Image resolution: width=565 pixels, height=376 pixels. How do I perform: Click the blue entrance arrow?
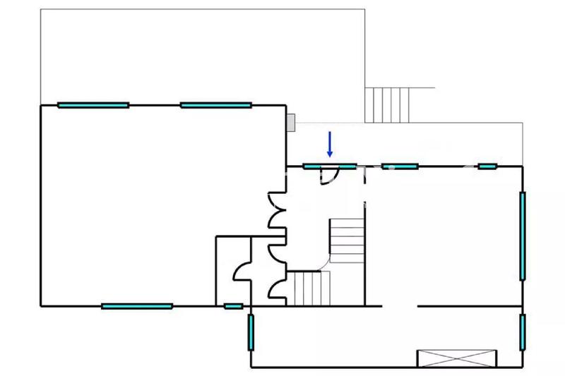[x=329, y=144]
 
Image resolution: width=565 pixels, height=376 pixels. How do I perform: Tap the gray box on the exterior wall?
[x=290, y=122]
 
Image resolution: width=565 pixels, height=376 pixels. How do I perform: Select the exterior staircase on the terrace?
[x=388, y=104]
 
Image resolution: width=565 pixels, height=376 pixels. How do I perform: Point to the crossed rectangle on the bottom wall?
[x=456, y=358]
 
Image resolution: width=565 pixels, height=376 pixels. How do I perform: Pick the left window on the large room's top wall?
[x=93, y=105]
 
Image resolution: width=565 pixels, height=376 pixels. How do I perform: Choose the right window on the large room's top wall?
[x=216, y=105]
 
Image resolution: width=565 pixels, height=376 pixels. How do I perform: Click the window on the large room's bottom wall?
[x=137, y=306]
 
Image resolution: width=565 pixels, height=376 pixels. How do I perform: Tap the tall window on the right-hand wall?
[x=523, y=236]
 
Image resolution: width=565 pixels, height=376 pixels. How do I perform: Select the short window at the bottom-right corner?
[x=523, y=333]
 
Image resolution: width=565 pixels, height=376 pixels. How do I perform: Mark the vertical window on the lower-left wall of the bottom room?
[x=251, y=333]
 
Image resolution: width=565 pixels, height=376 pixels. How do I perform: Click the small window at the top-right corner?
[x=487, y=166]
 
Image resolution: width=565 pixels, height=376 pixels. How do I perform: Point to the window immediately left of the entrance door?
[x=313, y=166]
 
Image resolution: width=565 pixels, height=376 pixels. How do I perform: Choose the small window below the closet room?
[x=233, y=306]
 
